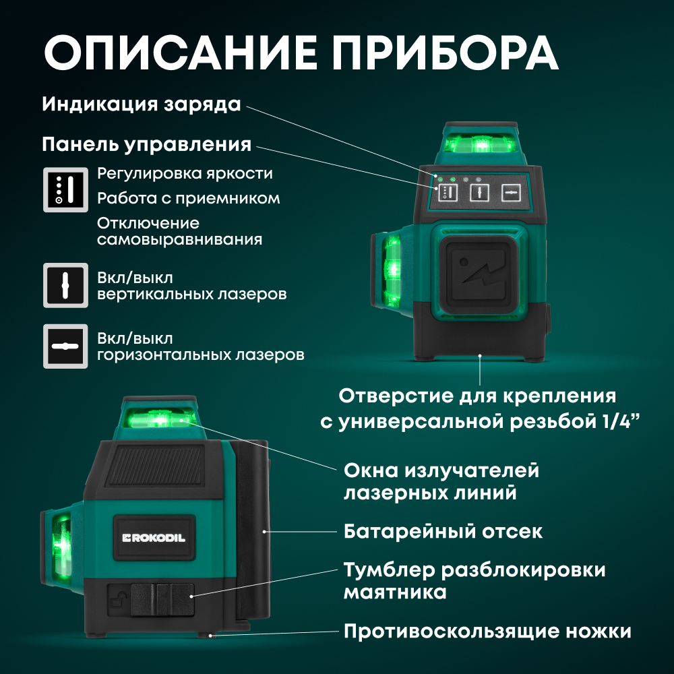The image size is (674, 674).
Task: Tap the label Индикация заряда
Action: [x=142, y=105]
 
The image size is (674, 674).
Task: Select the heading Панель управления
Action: [x=147, y=145]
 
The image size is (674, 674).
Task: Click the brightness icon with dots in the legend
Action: [x=66, y=189]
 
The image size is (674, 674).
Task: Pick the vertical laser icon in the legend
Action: [x=66, y=286]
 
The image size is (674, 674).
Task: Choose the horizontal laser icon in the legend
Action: [x=66, y=346]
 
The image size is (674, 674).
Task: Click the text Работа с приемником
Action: [x=188, y=199]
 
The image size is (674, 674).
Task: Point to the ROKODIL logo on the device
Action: [x=154, y=537]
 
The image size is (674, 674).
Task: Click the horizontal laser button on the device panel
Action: [x=512, y=193]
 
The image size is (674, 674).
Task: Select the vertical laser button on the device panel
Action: [x=479, y=193]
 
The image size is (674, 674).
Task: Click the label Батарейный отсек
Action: [x=443, y=531]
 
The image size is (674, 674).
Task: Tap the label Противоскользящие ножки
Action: [x=487, y=632]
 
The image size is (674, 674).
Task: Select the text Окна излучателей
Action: [x=441, y=470]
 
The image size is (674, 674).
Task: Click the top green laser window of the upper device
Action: [x=480, y=144]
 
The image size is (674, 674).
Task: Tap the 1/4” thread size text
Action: [x=617, y=421]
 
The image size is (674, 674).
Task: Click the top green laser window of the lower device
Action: [x=160, y=419]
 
